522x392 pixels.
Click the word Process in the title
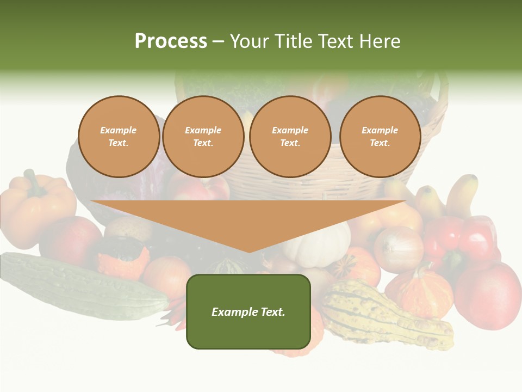pyautogui.click(x=171, y=41)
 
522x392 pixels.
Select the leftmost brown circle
pyautogui.click(x=119, y=137)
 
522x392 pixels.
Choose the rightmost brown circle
pyautogui.click(x=380, y=137)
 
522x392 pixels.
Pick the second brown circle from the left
pyautogui.click(x=203, y=137)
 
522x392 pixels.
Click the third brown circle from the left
pyautogui.click(x=290, y=137)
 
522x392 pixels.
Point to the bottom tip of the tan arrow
pyautogui.click(x=249, y=252)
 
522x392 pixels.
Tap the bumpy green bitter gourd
pyautogui.click(x=82, y=286)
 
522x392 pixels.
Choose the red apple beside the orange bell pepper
pyautogui.click(x=71, y=240)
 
